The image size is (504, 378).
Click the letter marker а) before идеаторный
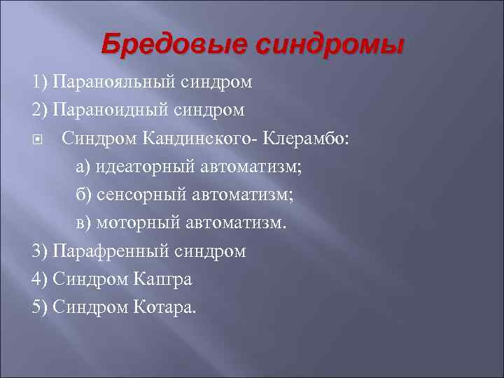pos(83,167)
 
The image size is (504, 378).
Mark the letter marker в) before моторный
pos(83,223)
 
